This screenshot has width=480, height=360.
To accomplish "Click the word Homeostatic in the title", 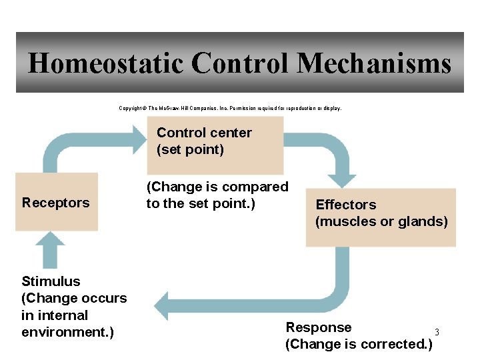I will click(105, 64).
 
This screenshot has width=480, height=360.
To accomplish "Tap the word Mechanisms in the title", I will click(374, 64).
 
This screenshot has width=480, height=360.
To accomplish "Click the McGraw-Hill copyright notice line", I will click(230, 107).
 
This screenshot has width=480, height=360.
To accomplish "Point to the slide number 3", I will click(437, 332).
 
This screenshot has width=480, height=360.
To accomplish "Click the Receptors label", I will click(55, 203).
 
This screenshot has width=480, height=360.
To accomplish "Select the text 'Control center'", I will click(204, 133).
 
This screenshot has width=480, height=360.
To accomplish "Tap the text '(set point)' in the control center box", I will click(190, 149).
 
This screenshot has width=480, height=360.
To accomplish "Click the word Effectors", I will click(345, 205).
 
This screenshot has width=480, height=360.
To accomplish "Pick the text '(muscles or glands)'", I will click(381, 221).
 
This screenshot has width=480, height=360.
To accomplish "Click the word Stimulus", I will click(51, 281).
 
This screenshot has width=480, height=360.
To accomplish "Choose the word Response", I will click(318, 327).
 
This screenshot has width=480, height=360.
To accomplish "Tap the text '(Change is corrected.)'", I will click(359, 344).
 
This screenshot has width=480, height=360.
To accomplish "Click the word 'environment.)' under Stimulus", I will click(67, 332).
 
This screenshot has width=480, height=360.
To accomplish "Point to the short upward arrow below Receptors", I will click(50, 249).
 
